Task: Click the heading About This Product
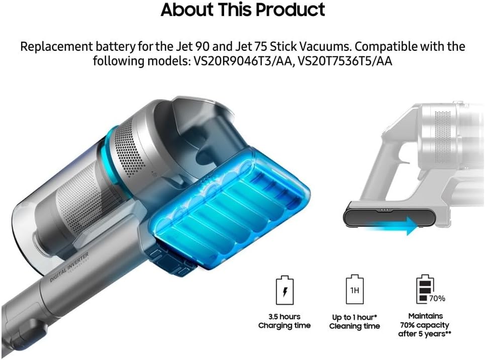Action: point(242,10)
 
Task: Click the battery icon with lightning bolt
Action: point(284,291)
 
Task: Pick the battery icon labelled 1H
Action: point(354,291)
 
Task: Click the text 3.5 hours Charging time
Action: point(284,321)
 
